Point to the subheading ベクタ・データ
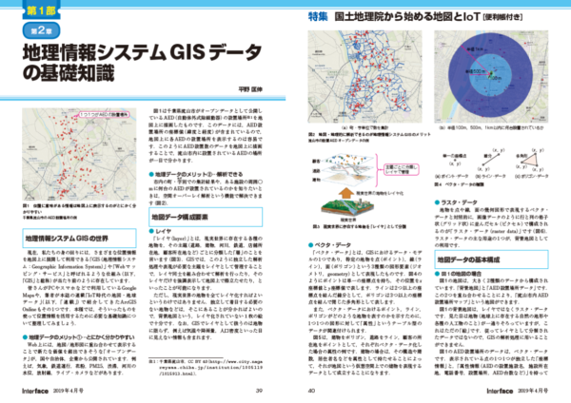coord(328,246)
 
